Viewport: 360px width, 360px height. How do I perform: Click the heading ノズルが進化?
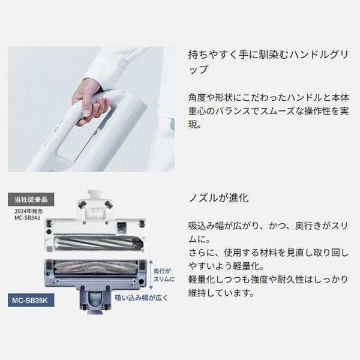point(218,198)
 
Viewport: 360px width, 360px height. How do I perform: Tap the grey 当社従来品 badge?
point(31,199)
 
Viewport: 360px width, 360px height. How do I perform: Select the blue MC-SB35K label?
point(31,300)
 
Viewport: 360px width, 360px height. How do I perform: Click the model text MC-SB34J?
point(27,218)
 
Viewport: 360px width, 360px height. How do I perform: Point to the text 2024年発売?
point(28,211)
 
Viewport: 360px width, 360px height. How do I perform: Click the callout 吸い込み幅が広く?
point(141,298)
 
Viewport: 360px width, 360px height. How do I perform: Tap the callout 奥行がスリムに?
point(164,275)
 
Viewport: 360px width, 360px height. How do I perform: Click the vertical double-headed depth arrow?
point(151,275)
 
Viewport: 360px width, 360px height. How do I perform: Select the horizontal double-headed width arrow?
point(96,281)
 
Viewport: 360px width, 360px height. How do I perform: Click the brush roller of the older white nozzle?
point(98,242)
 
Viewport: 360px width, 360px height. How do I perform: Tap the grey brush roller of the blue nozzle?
point(96,267)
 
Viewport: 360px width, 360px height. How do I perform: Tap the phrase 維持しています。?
point(221,293)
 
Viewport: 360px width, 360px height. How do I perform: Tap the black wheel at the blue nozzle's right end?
point(142,282)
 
